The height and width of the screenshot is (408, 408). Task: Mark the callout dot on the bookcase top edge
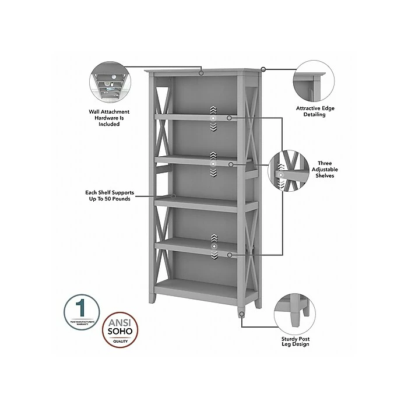(x=201, y=73)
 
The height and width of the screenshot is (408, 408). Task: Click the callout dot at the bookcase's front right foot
(x=241, y=314)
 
